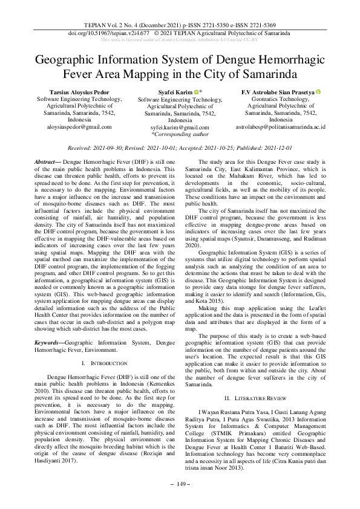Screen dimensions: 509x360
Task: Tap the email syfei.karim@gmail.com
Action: point(180,128)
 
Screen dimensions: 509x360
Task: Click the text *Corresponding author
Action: point(180,135)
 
